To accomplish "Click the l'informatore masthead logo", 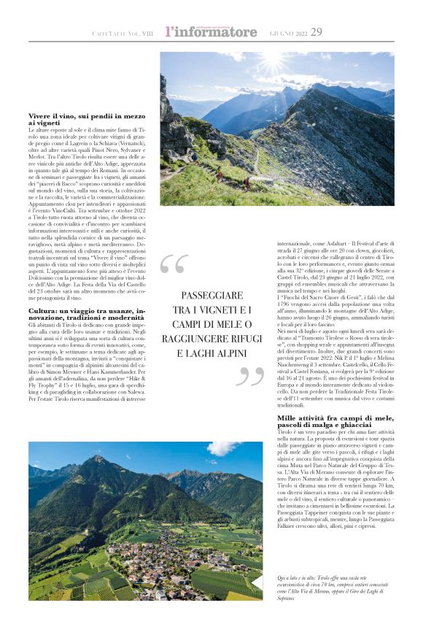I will coord(211,31).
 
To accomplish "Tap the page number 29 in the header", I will coord(317,31).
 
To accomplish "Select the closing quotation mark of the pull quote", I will coord(251,377).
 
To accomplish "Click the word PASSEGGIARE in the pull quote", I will coord(212,295).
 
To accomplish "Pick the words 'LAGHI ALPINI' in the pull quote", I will coord(212,353).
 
